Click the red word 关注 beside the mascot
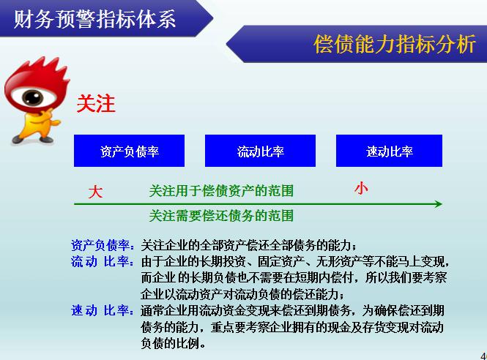coord(96,103)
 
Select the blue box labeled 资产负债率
coord(129,151)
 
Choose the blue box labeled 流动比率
coord(260,151)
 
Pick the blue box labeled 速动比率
coord(389,151)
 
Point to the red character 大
coord(95,192)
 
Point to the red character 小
coord(361,188)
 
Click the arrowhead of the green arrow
coord(437,204)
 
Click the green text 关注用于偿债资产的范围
coord(221,191)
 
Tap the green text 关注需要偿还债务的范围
coord(221,215)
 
